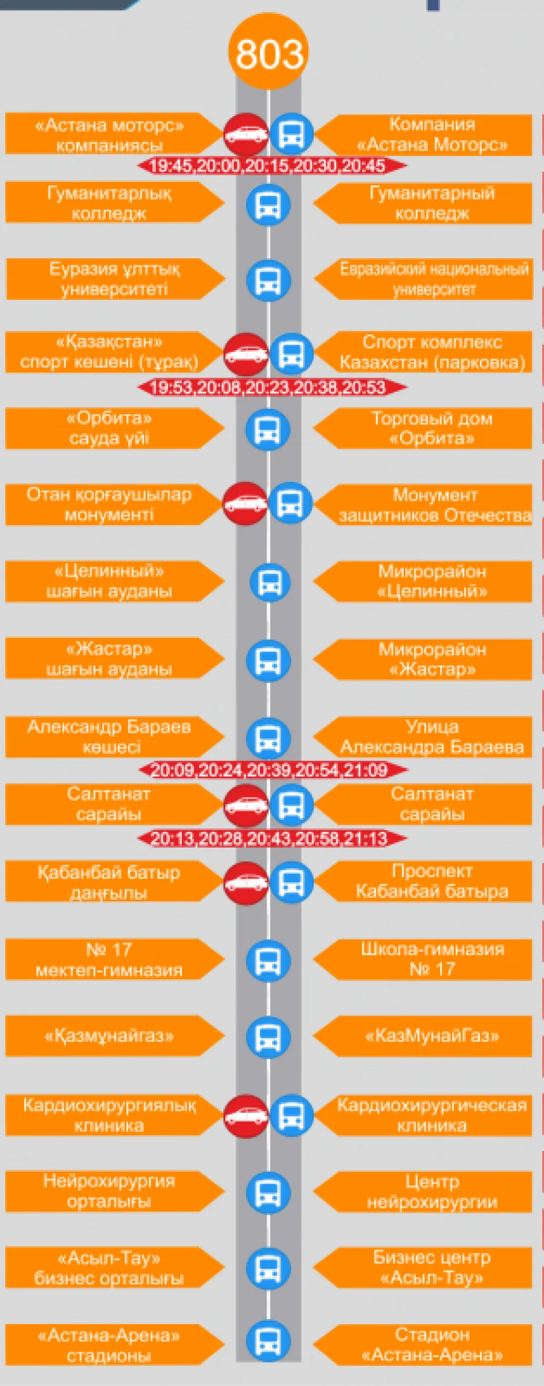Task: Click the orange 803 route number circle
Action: coord(268,53)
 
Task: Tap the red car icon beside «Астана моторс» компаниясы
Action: coord(246,134)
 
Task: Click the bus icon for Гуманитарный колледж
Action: coord(268,204)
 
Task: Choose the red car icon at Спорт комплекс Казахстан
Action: coord(246,354)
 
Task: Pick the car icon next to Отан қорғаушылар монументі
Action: coord(245,503)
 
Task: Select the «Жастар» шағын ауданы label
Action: coord(109,659)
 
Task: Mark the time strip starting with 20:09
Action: coord(273,770)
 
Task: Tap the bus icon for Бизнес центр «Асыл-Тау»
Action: coord(268,1268)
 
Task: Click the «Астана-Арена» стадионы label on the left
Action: coord(109,1345)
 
